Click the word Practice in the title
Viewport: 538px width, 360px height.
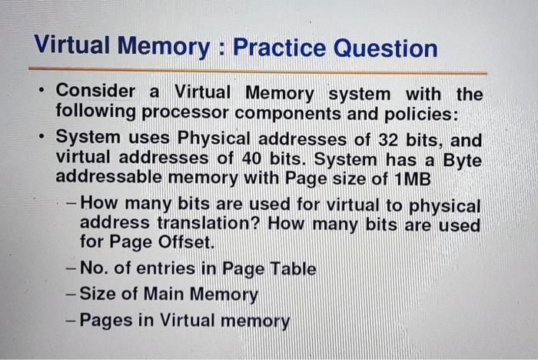tap(279, 47)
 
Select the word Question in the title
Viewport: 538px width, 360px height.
tap(386, 48)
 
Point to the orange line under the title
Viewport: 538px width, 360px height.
tap(257, 71)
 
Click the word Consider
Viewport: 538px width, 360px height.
tap(95, 91)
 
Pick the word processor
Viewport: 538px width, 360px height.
tap(185, 112)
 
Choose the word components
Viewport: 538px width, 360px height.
tap(288, 114)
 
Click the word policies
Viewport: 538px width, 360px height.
tap(421, 115)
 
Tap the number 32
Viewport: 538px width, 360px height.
tap(388, 140)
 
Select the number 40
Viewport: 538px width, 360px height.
tap(252, 158)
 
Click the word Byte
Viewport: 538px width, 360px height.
tap(463, 161)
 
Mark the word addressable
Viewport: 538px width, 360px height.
tap(109, 177)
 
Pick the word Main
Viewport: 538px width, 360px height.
tap(164, 294)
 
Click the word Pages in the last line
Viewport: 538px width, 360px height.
tap(106, 321)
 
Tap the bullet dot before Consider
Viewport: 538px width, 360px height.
tap(42, 91)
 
